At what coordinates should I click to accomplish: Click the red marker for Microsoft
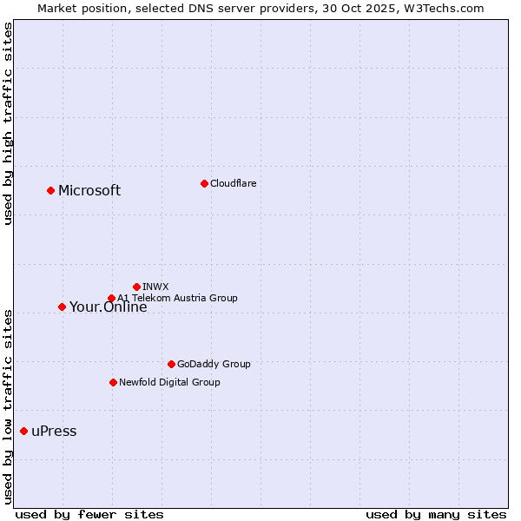click(50, 190)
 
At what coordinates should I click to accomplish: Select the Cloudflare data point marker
click(204, 183)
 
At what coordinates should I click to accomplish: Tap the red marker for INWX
click(136, 287)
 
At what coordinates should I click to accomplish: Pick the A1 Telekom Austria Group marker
click(111, 299)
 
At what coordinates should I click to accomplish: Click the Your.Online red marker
click(62, 307)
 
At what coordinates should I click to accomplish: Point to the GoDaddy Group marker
click(171, 364)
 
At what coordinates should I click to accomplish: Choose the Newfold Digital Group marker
click(113, 382)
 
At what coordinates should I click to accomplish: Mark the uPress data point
click(23, 432)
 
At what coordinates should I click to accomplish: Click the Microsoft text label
click(89, 191)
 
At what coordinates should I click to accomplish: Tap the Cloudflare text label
click(233, 183)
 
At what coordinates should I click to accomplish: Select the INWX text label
click(155, 287)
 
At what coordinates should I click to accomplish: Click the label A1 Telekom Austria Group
click(177, 298)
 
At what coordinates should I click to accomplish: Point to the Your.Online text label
click(108, 307)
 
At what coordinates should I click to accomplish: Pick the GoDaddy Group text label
click(214, 364)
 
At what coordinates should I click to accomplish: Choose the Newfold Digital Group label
click(169, 382)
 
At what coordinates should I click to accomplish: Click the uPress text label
click(54, 432)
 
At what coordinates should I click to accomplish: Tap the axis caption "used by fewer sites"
click(89, 514)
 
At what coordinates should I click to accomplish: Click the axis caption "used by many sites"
click(436, 514)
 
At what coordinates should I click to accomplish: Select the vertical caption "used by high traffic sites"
click(8, 123)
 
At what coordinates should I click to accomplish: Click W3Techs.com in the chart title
click(443, 8)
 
